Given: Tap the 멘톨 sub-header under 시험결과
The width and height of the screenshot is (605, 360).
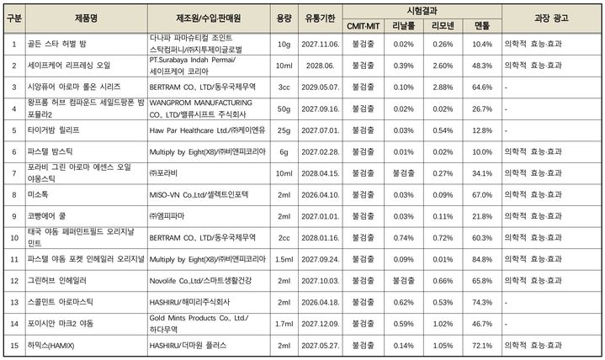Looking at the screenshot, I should pos(482,26).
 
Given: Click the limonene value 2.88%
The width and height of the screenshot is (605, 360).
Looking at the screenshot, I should pos(442,87).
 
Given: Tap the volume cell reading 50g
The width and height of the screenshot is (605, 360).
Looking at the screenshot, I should pos(284,109).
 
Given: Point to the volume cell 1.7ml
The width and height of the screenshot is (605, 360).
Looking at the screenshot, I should pos(284,323).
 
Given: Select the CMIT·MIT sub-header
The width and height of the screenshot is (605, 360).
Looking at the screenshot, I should pos(364,26).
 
